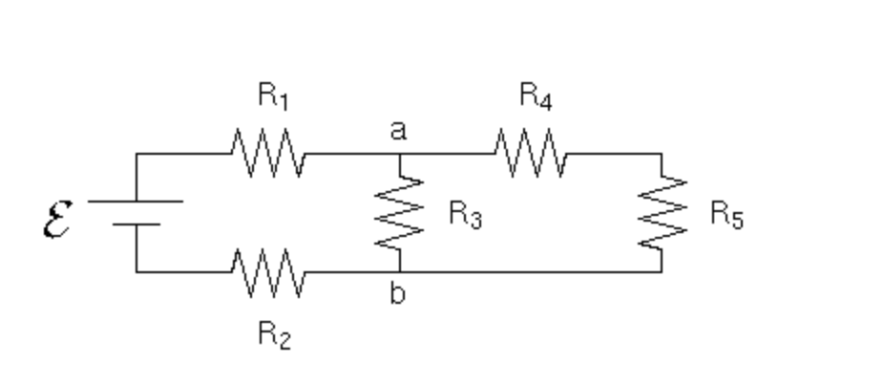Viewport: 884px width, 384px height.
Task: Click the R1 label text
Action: point(273,96)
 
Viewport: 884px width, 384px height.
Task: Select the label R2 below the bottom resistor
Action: point(274,335)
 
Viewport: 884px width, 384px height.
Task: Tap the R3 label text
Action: point(466,216)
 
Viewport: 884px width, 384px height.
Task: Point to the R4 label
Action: point(536,96)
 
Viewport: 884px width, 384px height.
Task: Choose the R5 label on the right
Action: point(726,215)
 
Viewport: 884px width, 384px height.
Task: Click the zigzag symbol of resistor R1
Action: point(267,154)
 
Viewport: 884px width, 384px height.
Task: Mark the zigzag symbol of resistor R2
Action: point(267,272)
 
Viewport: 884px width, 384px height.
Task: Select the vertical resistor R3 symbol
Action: point(399,213)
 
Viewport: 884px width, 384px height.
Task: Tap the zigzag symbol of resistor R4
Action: point(530,154)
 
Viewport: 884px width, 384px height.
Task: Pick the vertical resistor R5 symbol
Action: point(662,213)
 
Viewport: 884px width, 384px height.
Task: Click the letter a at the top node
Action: point(398,131)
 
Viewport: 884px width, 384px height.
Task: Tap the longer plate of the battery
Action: point(136,202)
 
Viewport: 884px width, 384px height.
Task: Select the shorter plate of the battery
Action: point(136,224)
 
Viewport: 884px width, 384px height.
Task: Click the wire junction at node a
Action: point(399,154)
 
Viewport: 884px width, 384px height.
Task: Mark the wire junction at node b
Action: point(399,272)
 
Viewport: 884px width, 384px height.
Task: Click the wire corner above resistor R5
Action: point(662,154)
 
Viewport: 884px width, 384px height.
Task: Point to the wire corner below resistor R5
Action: point(662,272)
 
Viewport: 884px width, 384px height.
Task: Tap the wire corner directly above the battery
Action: point(136,154)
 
